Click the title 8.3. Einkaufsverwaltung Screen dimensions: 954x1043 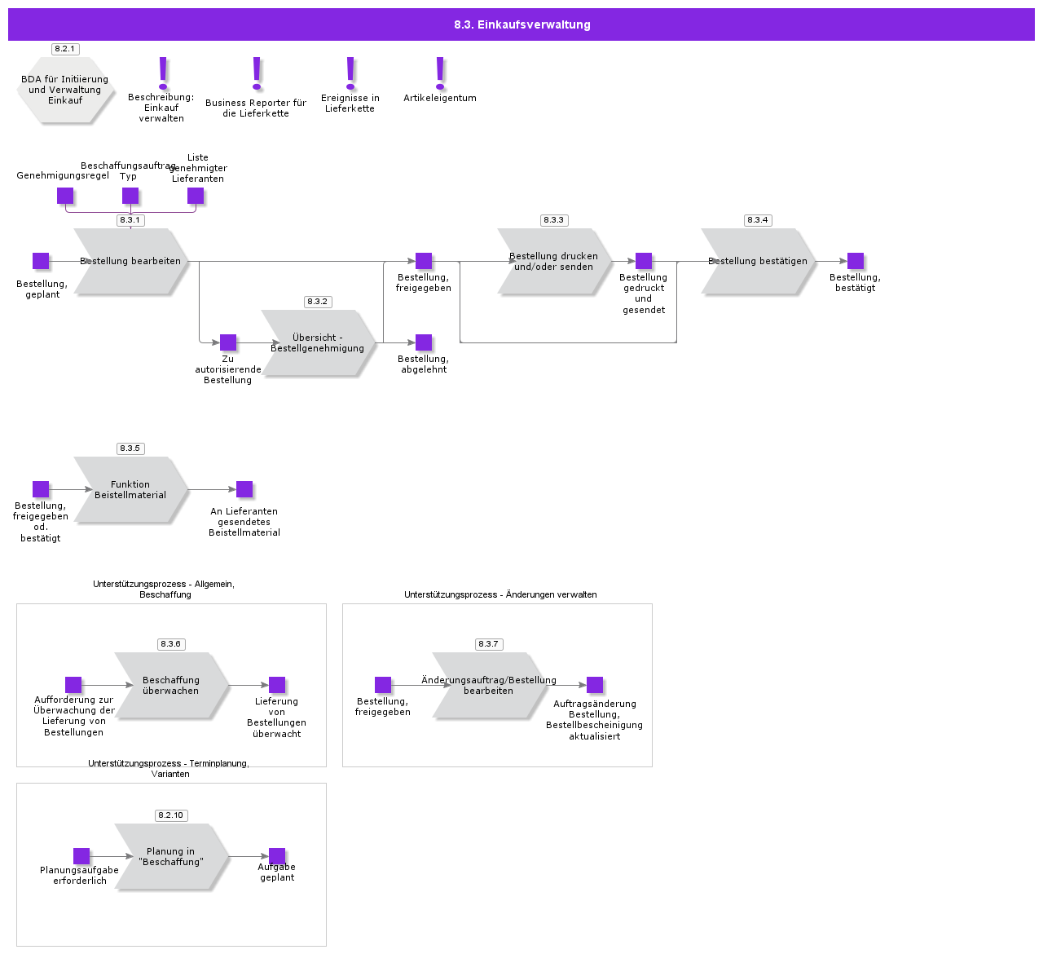coord(521,24)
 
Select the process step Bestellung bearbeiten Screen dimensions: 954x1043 coord(130,262)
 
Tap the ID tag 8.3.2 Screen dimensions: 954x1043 coord(317,302)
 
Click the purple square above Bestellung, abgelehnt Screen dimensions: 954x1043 coord(424,342)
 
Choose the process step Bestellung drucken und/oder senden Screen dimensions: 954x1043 coord(554,262)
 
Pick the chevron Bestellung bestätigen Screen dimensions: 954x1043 coord(758,262)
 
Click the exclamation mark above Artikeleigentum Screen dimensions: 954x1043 coord(440,73)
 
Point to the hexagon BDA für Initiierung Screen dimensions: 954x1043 coord(65,90)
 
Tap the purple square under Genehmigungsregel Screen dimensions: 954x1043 coord(65,196)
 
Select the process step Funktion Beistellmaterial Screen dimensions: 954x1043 coord(130,490)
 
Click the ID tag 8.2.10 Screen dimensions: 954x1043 coord(171,815)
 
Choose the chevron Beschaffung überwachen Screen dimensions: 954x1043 coord(171,686)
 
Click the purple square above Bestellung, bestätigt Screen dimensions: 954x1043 coord(856,261)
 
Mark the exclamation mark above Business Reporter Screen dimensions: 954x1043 coord(257,73)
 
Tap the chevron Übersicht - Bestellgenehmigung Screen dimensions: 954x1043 coord(318,343)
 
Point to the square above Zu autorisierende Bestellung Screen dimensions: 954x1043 coord(228,342)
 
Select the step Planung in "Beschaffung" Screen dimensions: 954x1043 coord(171,857)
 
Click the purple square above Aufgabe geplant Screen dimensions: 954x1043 coord(277,856)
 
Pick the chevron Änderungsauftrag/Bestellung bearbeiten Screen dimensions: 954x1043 coord(489,686)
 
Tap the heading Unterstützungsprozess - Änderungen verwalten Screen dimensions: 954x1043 coord(500,595)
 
